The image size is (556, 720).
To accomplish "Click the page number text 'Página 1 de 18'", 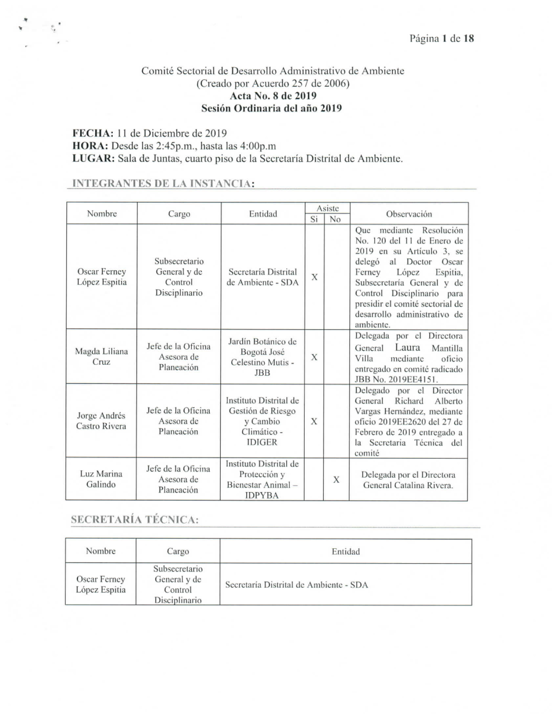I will (x=441, y=38).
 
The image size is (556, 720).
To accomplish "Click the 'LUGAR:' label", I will (x=94, y=158).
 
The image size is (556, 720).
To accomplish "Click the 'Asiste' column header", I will (x=327, y=208).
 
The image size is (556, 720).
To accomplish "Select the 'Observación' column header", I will (x=409, y=213).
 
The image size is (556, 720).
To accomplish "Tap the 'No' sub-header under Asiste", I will (x=335, y=219).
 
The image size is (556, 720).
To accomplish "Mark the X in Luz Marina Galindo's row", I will (x=336, y=479).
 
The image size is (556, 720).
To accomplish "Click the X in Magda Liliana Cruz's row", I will (x=314, y=357).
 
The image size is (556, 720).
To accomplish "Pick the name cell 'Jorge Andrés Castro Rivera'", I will (x=101, y=421).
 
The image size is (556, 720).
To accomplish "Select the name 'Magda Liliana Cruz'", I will (x=101, y=356).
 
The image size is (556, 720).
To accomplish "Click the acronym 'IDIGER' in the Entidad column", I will (x=262, y=442).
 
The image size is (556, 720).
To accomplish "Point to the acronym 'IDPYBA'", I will (x=262, y=495).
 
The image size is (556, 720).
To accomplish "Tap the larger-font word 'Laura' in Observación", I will (x=408, y=347).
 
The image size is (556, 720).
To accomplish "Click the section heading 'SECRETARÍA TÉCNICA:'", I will (x=135, y=520).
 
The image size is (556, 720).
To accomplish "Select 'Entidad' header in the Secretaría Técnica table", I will (x=345, y=552).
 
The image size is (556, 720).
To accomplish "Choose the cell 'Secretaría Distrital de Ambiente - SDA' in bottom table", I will (x=296, y=585).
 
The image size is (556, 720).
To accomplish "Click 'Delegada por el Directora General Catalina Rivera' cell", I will (x=408, y=480).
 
